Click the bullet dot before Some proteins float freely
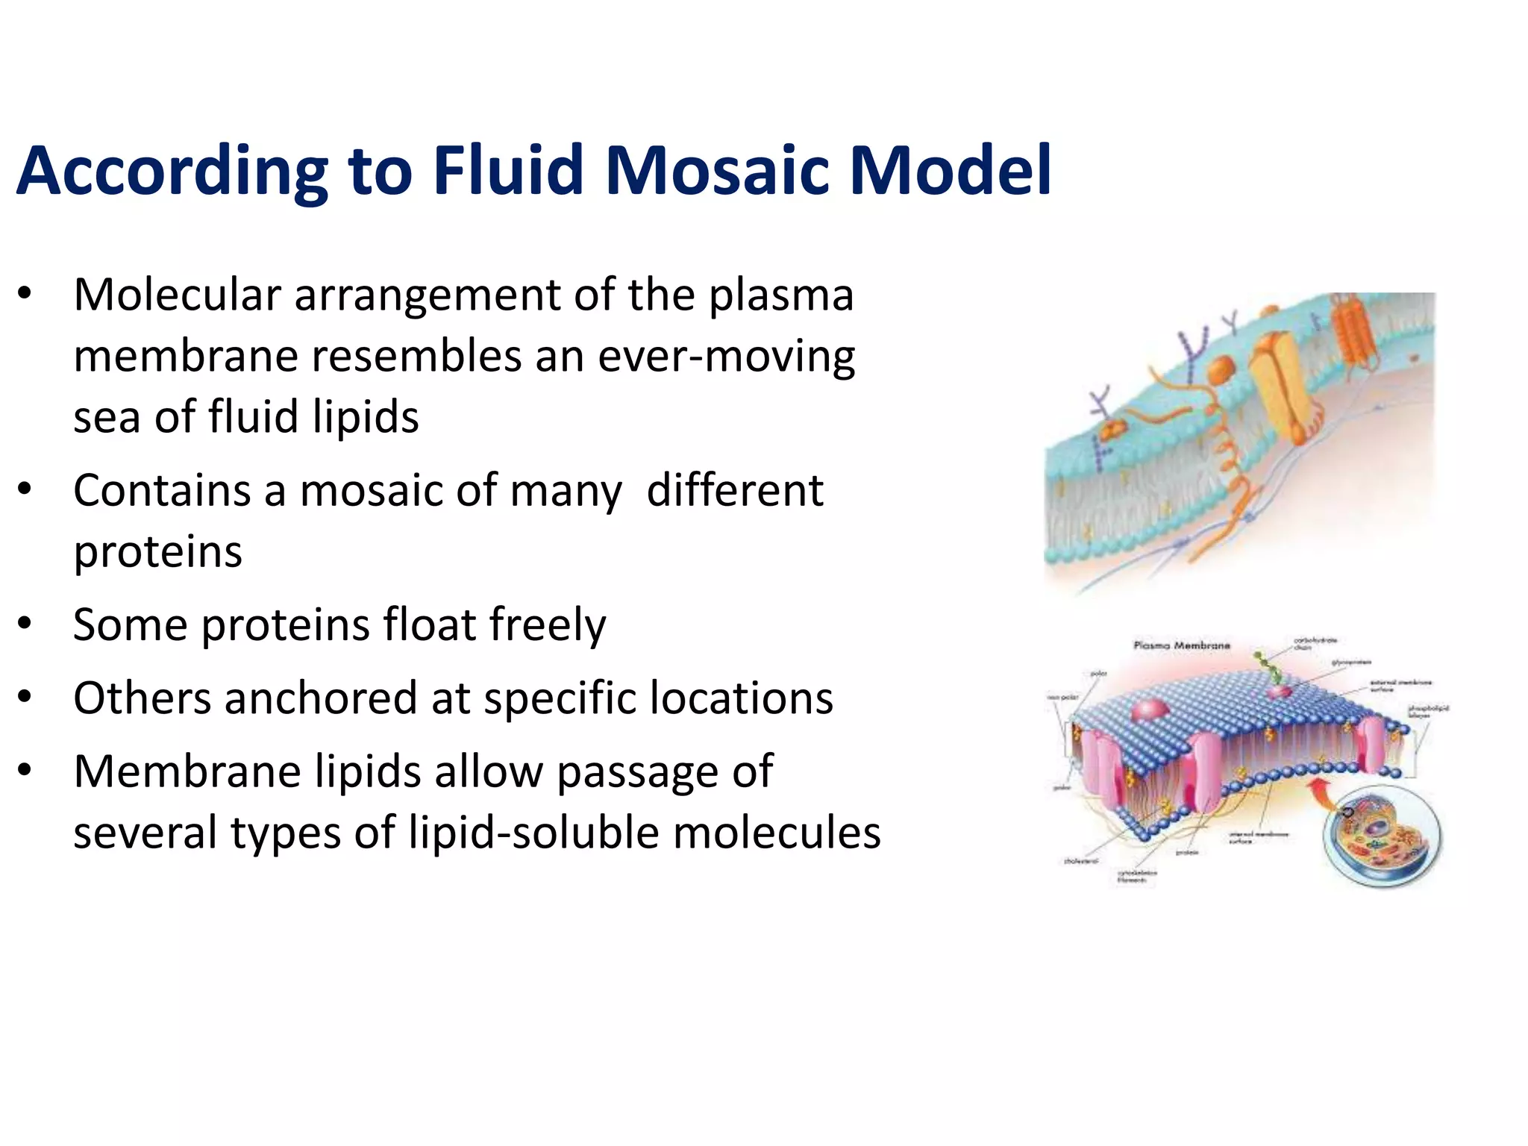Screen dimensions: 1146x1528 pos(25,623)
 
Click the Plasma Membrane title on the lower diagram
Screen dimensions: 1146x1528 pos(1181,645)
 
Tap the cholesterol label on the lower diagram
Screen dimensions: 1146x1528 pos(1080,861)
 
